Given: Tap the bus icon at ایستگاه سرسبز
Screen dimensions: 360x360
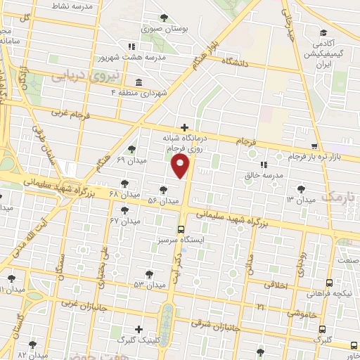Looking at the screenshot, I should point(181,229).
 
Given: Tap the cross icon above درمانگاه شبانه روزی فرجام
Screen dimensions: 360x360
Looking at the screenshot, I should point(184,127).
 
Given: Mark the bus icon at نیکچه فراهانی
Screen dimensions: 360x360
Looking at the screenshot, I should point(329,282).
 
